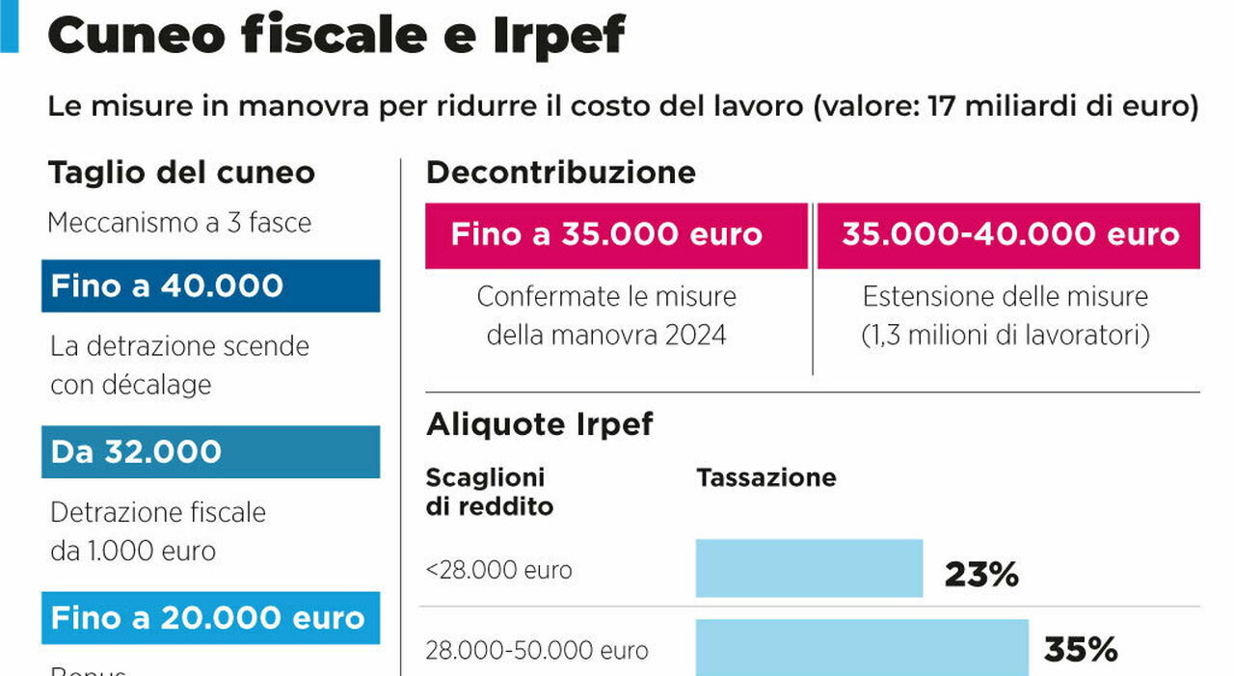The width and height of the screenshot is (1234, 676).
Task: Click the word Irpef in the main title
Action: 559,36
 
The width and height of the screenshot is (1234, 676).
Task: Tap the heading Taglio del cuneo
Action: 181,173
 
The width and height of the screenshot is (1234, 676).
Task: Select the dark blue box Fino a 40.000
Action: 210,286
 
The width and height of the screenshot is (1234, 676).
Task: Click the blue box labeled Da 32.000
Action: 210,452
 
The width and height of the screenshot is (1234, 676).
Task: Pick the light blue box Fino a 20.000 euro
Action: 210,618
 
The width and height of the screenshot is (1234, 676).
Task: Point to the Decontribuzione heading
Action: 560,173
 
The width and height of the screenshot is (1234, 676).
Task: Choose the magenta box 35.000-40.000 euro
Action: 1008,234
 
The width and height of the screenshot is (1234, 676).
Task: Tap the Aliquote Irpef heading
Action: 540,423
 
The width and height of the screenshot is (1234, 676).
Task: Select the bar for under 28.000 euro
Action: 809,568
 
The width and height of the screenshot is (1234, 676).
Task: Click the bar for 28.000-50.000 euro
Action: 862,647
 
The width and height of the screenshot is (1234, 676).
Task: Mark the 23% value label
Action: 981,576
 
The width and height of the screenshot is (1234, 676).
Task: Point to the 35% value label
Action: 1081,650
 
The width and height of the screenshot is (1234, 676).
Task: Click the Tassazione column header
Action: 766,477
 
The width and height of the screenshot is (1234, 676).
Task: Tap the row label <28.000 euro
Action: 498,570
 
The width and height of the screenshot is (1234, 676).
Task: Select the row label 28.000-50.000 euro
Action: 537,651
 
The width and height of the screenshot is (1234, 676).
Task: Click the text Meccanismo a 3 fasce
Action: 179,223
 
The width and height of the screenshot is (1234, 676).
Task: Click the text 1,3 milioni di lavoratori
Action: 1006,336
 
